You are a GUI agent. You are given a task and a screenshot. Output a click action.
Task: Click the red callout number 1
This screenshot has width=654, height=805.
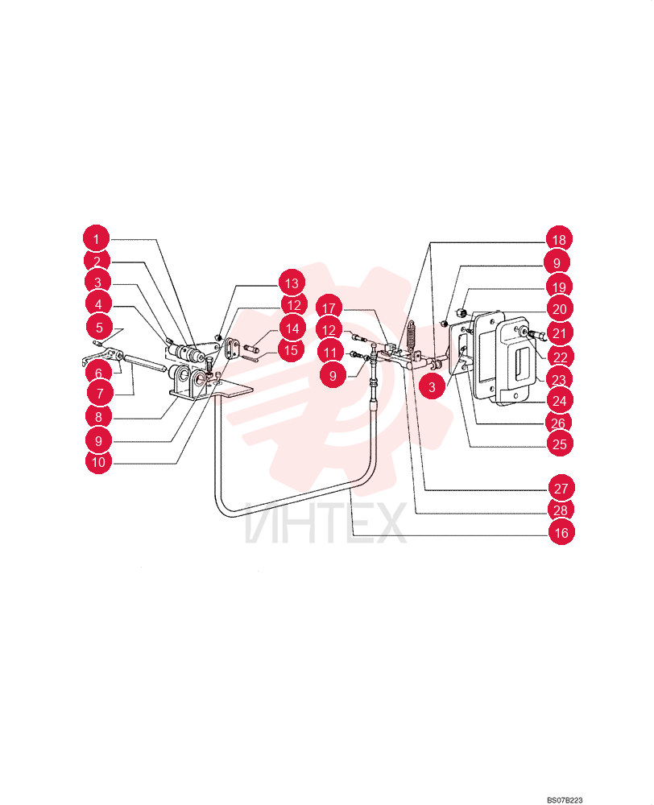pyautogui.click(x=96, y=239)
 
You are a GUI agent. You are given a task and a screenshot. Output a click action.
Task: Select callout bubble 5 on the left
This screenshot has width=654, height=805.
pyautogui.click(x=99, y=328)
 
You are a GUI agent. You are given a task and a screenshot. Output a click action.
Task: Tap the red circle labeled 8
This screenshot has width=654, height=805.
pyautogui.click(x=98, y=417)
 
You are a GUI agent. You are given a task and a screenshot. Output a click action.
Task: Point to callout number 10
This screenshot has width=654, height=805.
pyautogui.click(x=98, y=461)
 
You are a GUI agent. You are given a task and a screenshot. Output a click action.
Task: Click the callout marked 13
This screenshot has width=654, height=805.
pyautogui.click(x=292, y=283)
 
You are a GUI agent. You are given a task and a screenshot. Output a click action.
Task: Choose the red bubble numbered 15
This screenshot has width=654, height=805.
pyautogui.click(x=292, y=350)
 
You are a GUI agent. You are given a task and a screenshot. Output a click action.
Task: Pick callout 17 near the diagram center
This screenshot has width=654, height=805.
pyautogui.click(x=329, y=308)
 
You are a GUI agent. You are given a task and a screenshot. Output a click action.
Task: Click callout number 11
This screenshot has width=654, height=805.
pyautogui.click(x=330, y=353)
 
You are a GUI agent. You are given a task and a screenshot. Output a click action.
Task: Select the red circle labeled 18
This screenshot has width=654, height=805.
pyautogui.click(x=559, y=239)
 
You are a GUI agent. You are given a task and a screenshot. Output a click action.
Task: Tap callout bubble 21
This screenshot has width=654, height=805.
pyautogui.click(x=560, y=333)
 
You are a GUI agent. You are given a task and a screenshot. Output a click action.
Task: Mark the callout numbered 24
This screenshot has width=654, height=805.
pyautogui.click(x=560, y=400)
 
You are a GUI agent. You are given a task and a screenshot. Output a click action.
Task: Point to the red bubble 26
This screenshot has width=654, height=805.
pyautogui.click(x=558, y=423)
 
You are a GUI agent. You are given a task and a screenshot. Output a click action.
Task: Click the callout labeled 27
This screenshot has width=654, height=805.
pyautogui.click(x=561, y=488)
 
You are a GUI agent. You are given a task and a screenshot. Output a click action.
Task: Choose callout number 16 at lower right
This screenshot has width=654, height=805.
pyautogui.click(x=561, y=532)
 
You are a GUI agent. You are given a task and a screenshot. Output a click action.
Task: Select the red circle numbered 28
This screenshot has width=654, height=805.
pyautogui.click(x=561, y=510)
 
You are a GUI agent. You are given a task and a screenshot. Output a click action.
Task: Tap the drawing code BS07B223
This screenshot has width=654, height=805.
pyautogui.click(x=565, y=800)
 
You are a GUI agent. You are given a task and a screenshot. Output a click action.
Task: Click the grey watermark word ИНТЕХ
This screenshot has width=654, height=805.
pyautogui.click(x=325, y=522)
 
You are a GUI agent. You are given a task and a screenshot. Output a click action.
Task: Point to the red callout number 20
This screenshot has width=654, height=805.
pyautogui.click(x=560, y=309)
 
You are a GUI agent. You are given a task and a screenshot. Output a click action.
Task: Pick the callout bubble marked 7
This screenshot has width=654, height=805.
pyautogui.click(x=100, y=394)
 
